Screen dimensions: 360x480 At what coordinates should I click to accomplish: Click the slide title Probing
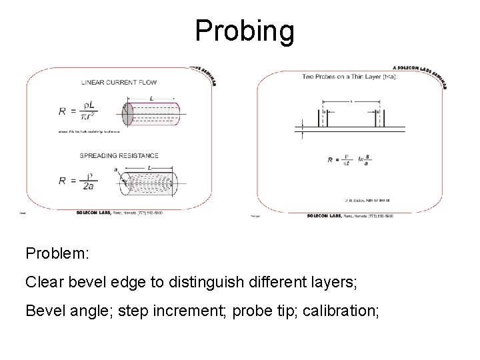click(244, 31)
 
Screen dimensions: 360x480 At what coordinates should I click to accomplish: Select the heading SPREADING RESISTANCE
click(119, 155)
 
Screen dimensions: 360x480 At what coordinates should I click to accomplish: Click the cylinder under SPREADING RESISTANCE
click(149, 183)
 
